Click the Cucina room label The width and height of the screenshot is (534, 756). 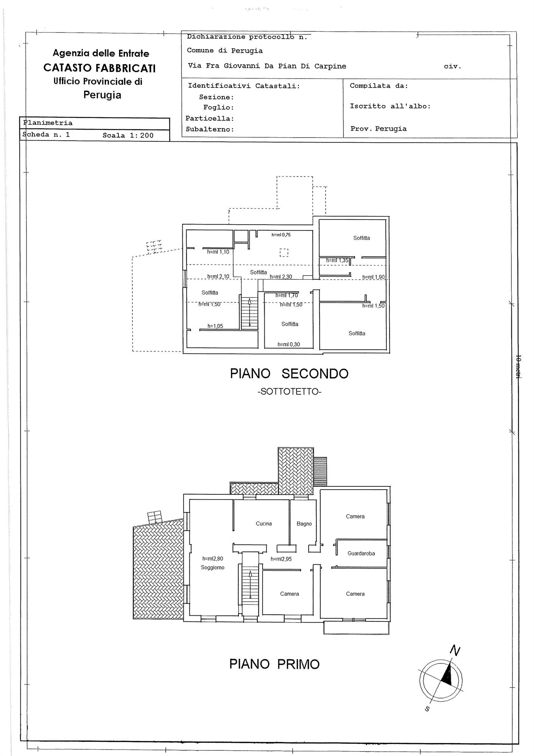264,524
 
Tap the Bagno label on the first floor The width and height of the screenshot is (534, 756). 304,524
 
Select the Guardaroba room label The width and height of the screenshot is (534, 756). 361,553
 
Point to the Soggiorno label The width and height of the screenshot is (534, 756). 213,567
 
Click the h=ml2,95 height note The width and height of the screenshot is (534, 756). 281,559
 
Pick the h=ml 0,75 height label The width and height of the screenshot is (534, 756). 281,235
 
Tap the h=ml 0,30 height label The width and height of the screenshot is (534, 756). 289,344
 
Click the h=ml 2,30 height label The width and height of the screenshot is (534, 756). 281,277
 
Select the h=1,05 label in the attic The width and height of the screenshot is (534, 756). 215,326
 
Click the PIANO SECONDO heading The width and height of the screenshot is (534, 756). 289,373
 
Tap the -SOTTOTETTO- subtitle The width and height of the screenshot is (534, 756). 289,392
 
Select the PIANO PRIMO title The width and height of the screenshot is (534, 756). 275,664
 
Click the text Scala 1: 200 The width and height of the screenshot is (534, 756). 128,135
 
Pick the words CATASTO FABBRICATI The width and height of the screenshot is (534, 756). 99,68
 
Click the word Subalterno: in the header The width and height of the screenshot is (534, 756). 210,129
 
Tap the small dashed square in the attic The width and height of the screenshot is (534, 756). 284,253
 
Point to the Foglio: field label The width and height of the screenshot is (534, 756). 219,108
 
